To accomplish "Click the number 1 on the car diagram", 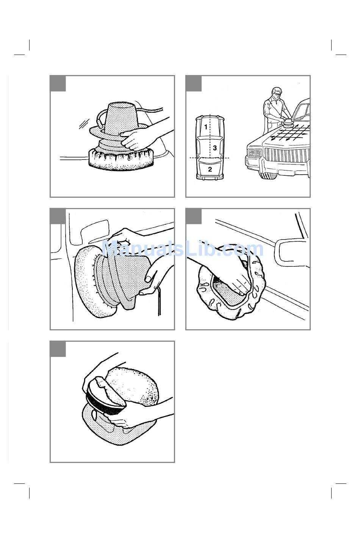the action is click(x=206, y=127).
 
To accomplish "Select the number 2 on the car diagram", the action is click(x=210, y=169).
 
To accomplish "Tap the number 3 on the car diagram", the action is click(x=215, y=148).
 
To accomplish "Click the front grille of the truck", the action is click(x=287, y=155).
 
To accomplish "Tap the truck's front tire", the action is click(x=268, y=174).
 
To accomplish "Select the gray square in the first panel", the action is click(x=58, y=84).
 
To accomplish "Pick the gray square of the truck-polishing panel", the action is click(x=194, y=84).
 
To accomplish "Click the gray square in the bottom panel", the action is click(x=58, y=349).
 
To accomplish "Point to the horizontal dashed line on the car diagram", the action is click(x=209, y=158).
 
